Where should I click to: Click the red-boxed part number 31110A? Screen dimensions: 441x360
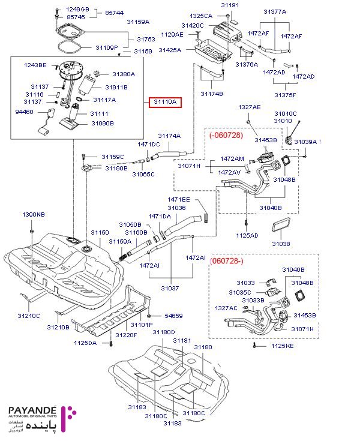point(165,103)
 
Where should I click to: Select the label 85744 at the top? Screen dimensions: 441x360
point(114,13)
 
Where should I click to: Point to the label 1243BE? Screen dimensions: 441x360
point(35,65)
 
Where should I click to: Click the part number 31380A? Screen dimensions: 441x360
point(124,74)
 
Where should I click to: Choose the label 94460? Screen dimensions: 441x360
point(25,112)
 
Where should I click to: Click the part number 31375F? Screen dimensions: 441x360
point(285,94)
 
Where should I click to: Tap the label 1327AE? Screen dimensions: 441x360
point(250,107)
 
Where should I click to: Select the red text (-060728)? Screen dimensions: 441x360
point(226,136)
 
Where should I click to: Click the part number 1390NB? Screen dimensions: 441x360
point(34,214)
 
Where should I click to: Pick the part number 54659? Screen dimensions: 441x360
point(173,316)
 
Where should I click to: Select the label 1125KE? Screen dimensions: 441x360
point(281,346)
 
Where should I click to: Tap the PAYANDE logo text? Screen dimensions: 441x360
point(33,412)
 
